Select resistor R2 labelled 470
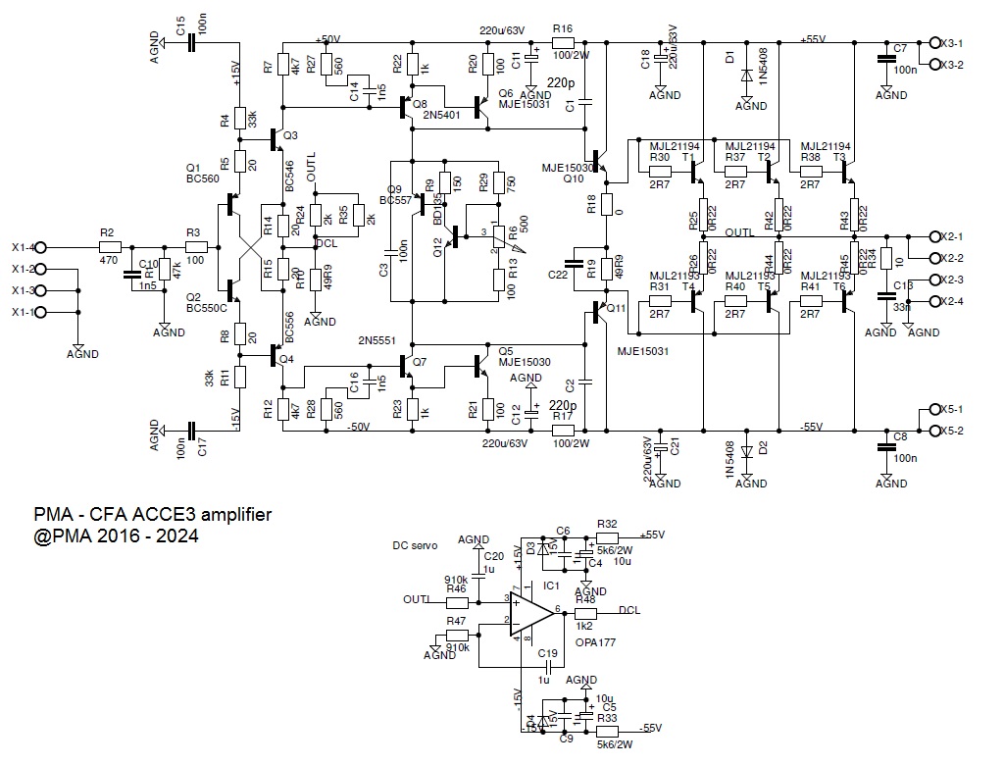[x=108, y=247]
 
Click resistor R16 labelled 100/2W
[x=563, y=42]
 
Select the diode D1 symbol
[x=747, y=75]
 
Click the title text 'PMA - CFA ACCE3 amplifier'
[x=153, y=515]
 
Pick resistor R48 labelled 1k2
[x=585, y=612]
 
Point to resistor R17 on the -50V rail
[x=563, y=430]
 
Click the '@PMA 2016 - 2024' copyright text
[x=116, y=536]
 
